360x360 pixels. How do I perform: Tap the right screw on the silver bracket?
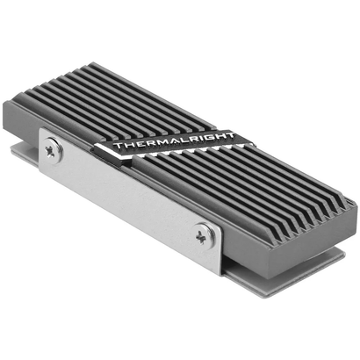pos(204,234)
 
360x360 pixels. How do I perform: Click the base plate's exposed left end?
pos(23,154)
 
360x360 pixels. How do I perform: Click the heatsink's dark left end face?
pos(24,123)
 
